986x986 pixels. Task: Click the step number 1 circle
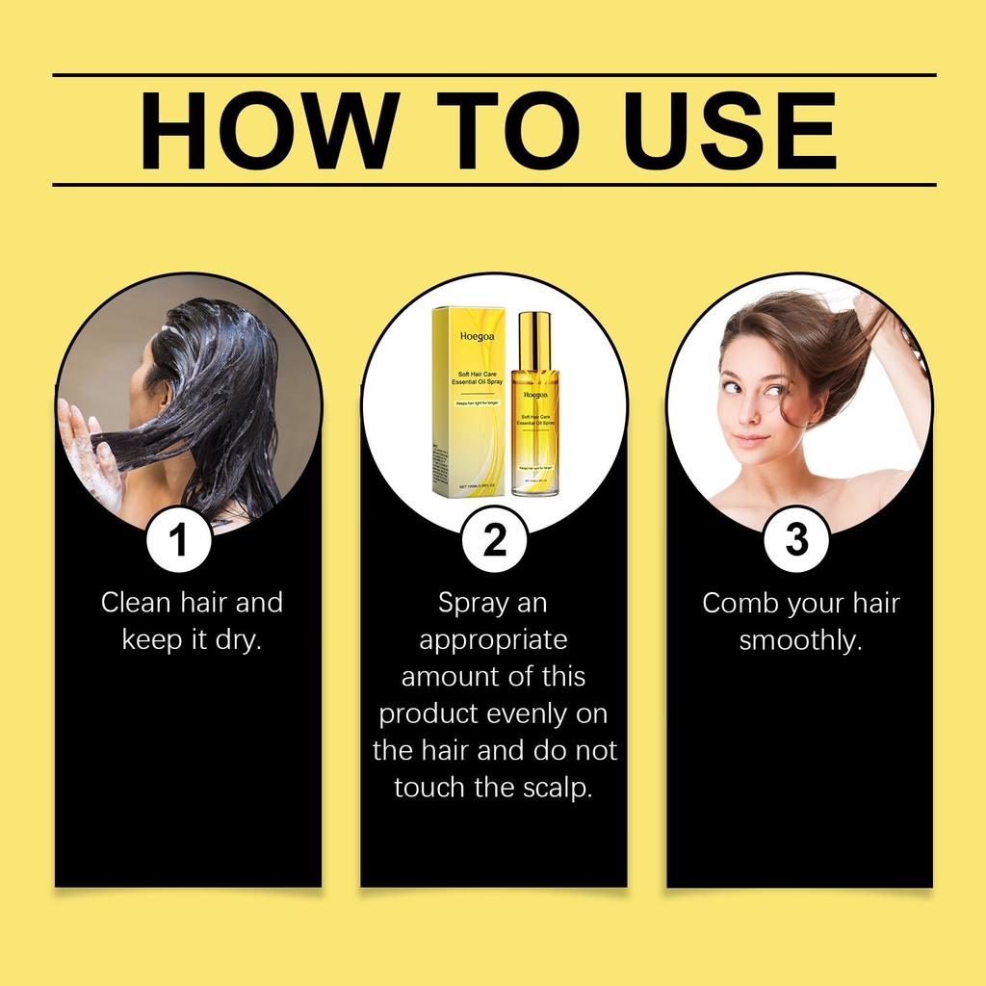(x=178, y=540)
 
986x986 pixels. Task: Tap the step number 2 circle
(x=493, y=540)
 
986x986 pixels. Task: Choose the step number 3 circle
(x=796, y=540)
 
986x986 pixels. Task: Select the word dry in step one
(x=238, y=640)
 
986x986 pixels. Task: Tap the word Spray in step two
(x=473, y=604)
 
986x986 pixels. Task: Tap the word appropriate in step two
(x=493, y=640)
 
